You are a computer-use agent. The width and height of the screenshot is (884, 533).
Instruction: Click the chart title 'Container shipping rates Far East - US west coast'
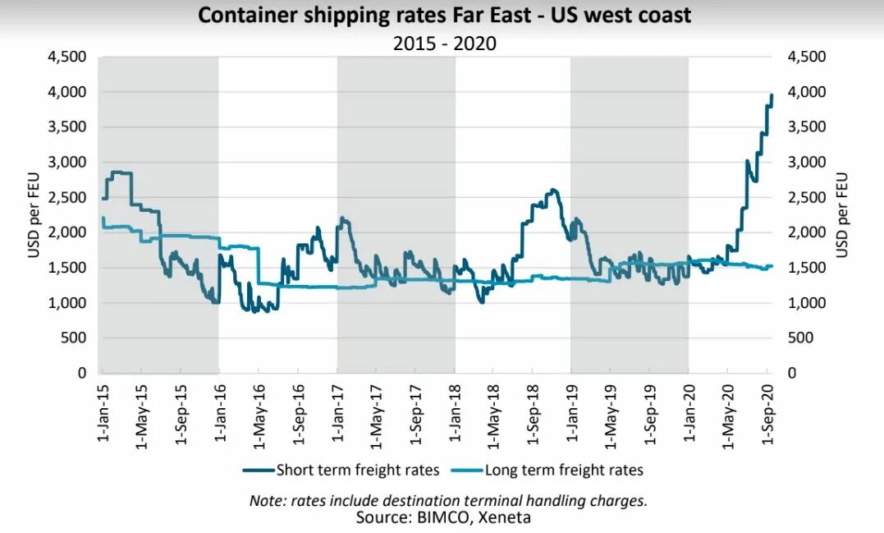tap(444, 16)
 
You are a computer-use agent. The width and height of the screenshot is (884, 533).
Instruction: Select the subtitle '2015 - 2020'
tap(444, 44)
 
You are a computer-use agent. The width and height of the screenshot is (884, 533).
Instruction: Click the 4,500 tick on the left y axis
tap(70, 57)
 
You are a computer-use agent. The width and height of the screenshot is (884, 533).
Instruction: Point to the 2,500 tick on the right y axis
tap(805, 198)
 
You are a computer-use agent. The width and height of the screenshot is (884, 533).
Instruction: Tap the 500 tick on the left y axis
tap(76, 338)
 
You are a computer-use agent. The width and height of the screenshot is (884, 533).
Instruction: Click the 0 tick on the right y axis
tap(791, 374)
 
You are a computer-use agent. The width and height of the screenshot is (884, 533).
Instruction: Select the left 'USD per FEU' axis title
tap(34, 215)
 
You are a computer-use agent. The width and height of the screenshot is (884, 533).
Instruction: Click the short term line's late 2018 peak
tap(554, 191)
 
